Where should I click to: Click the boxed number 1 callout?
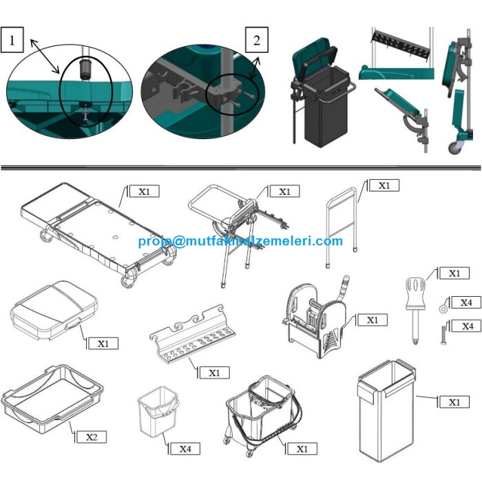[12, 40]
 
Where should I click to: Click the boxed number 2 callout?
[256, 40]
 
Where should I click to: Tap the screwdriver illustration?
[415, 311]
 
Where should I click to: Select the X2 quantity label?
[92, 437]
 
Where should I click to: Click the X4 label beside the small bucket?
[185, 449]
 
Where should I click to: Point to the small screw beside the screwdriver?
[443, 336]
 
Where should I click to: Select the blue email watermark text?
[240, 241]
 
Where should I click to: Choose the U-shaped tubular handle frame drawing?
[342, 227]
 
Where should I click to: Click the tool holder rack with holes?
[192, 335]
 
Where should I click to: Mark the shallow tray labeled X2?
[52, 399]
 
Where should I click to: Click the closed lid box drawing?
[54, 311]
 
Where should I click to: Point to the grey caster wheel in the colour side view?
[454, 147]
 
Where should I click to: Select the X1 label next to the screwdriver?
[454, 273]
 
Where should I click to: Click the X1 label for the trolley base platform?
[145, 191]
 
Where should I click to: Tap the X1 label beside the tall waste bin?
[454, 402]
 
